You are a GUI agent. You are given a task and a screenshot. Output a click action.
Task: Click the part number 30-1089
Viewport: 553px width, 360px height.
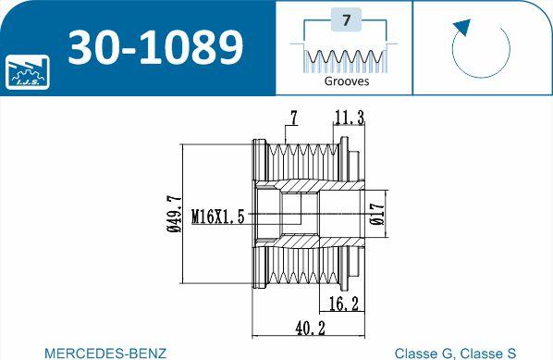(x=155, y=46)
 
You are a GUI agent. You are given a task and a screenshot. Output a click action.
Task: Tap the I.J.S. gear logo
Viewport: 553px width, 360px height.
(x=27, y=71)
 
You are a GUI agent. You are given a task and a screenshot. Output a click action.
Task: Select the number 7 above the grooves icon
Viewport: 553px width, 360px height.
(x=346, y=20)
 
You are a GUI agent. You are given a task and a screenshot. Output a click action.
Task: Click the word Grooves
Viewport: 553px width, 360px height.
(x=347, y=81)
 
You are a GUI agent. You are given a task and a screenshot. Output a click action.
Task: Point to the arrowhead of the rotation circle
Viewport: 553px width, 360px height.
(x=462, y=28)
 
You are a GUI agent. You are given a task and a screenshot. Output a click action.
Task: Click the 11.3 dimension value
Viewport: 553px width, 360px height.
(x=350, y=118)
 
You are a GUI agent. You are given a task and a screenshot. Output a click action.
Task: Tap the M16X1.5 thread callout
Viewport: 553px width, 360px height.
(x=218, y=216)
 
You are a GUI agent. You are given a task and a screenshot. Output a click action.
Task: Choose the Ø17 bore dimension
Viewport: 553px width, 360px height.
(x=376, y=214)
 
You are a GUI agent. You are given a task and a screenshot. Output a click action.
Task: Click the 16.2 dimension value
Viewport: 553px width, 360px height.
(x=343, y=304)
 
